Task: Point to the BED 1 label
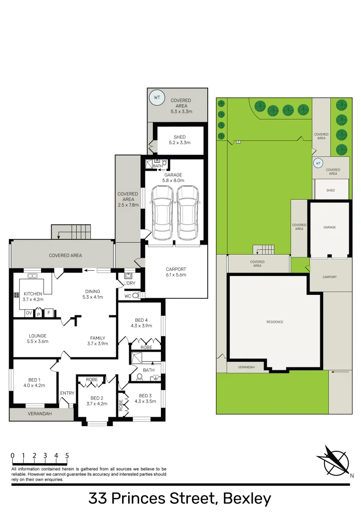[x=34, y=380]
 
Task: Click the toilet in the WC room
[x=136, y=295]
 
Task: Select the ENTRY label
[x=67, y=393]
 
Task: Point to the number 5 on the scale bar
[x=67, y=456]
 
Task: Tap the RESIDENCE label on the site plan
[x=274, y=322]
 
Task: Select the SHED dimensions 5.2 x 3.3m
[x=180, y=143]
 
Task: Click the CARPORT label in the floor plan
[x=176, y=269]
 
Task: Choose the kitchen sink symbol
[x=33, y=276]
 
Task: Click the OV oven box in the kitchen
[x=28, y=313]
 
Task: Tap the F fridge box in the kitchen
[x=48, y=313]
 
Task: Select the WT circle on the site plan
[x=318, y=164]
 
